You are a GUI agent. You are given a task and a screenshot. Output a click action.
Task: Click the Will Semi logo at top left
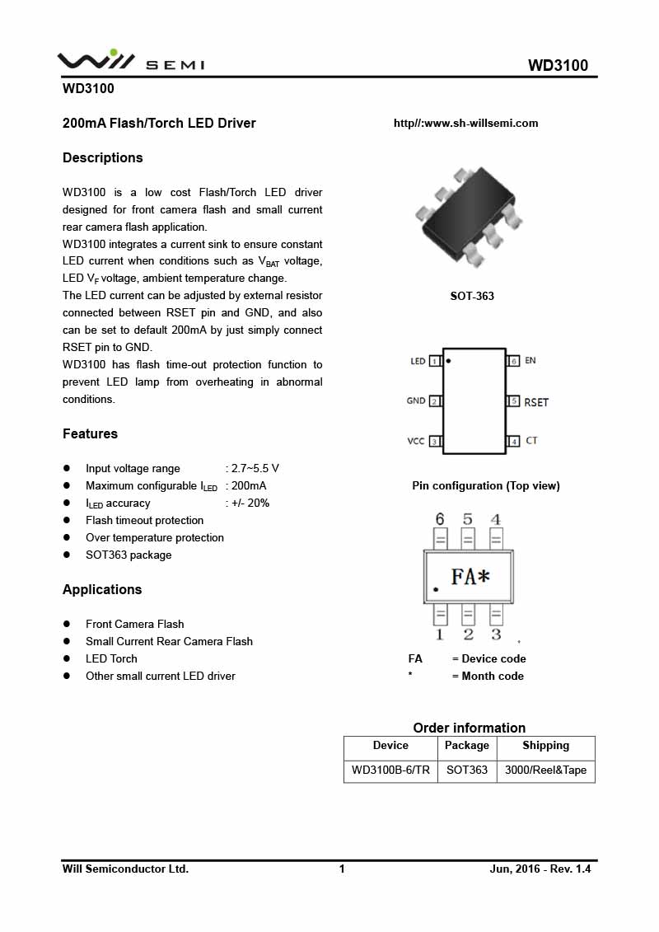pyautogui.click(x=130, y=60)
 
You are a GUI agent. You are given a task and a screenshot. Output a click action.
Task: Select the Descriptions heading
pyautogui.click(x=103, y=157)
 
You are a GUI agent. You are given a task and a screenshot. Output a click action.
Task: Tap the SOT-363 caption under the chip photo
pyautogui.click(x=472, y=296)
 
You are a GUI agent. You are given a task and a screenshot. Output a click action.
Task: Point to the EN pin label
pyautogui.click(x=530, y=361)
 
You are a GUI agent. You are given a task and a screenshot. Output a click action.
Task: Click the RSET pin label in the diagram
pyautogui.click(x=536, y=402)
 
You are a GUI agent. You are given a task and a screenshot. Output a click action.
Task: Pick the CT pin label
pyautogui.click(x=531, y=441)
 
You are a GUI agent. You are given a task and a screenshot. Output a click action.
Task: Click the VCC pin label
pyautogui.click(x=416, y=441)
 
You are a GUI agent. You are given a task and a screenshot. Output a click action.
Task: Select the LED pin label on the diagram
pyautogui.click(x=418, y=361)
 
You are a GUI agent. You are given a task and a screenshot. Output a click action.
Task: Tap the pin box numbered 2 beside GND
pyautogui.click(x=434, y=401)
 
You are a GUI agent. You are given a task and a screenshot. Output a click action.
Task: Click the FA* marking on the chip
pyautogui.click(x=470, y=577)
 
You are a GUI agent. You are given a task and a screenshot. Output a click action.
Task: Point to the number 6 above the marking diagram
pyautogui.click(x=440, y=519)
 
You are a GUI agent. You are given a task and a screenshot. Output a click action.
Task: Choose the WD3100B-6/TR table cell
pyautogui.click(x=390, y=770)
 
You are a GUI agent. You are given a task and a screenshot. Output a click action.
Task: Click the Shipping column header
pyautogui.click(x=545, y=746)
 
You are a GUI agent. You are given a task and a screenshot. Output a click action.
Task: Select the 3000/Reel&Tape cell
pyautogui.click(x=545, y=770)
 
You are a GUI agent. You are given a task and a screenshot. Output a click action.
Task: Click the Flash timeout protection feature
pyautogui.click(x=144, y=520)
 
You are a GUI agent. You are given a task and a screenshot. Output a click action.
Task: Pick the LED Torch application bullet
pyautogui.click(x=111, y=658)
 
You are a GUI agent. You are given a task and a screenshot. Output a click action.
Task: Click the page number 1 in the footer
pyautogui.click(x=342, y=869)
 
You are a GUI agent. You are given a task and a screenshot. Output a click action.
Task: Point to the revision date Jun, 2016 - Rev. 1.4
pyautogui.click(x=540, y=869)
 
